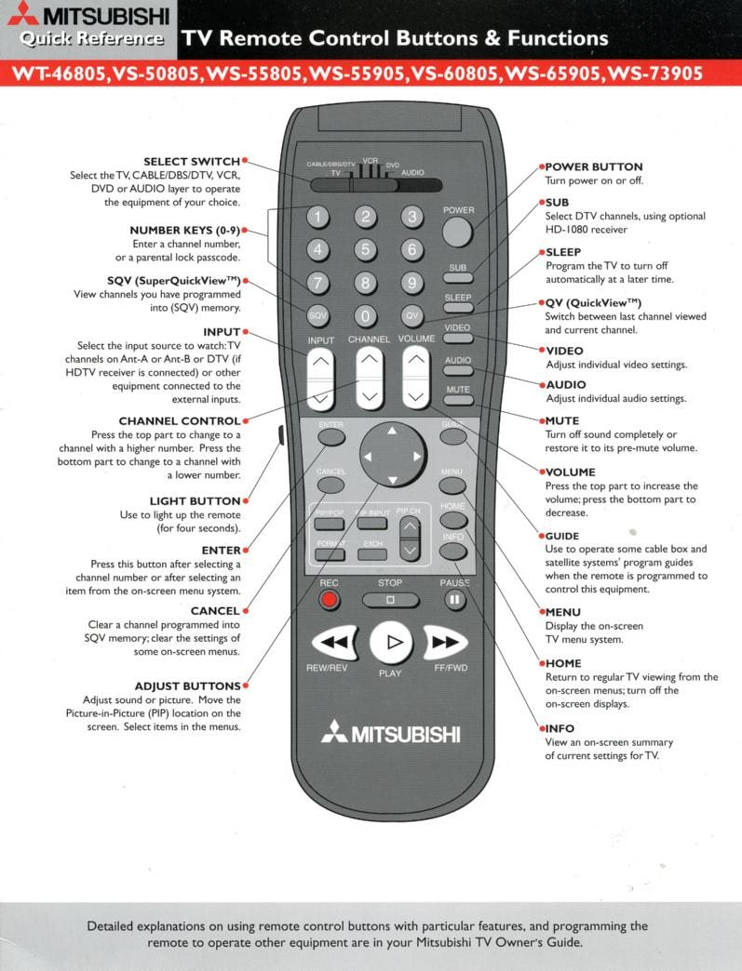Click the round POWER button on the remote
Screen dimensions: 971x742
point(458,229)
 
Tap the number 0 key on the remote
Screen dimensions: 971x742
point(366,315)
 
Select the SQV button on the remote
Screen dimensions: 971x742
point(318,315)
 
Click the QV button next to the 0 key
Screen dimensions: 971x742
point(412,315)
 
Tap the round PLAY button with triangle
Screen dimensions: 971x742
point(391,642)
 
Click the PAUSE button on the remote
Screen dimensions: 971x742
point(454,600)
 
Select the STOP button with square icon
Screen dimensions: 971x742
point(390,600)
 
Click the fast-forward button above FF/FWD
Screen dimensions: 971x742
point(445,642)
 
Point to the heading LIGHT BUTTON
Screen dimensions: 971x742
point(195,501)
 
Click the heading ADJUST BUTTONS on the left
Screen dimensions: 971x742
point(187,686)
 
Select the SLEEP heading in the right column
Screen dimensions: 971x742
point(563,252)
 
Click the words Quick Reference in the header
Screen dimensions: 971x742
point(92,39)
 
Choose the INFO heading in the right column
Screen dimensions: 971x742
point(560,728)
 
